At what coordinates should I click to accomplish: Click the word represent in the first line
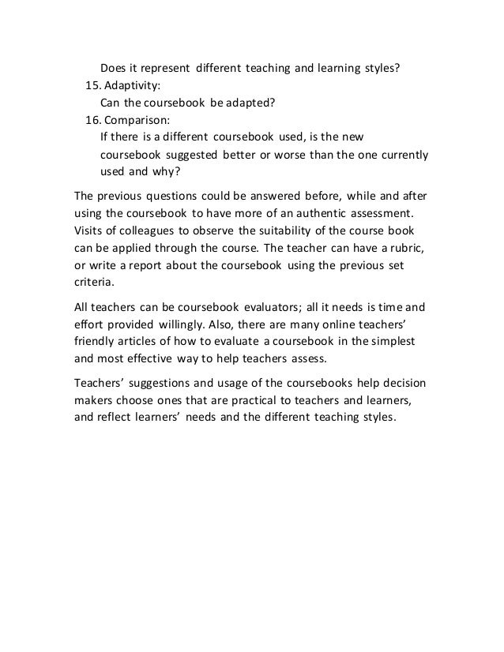tap(161, 68)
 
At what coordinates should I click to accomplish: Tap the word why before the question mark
tap(167, 172)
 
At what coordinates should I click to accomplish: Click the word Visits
tap(90, 232)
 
